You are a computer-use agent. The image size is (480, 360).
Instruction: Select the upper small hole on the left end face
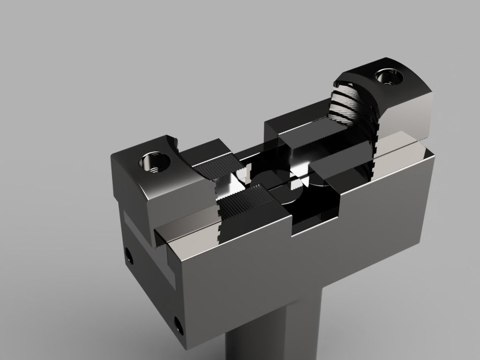tap(129, 255)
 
